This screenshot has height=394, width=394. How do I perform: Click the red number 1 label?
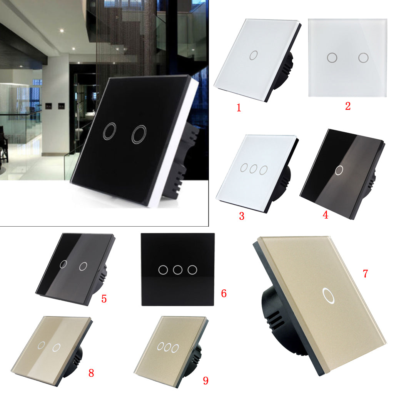pyautogui.click(x=239, y=108)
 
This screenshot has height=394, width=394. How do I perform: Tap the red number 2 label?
pyautogui.click(x=348, y=106)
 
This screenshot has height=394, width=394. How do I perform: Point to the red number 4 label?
pyautogui.click(x=326, y=215)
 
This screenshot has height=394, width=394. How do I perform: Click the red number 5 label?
pyautogui.click(x=104, y=299)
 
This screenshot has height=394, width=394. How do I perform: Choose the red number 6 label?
pyautogui.click(x=224, y=293)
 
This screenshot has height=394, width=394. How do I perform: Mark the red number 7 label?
pyautogui.click(x=366, y=274)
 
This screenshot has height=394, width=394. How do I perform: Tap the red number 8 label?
pyautogui.click(x=91, y=373)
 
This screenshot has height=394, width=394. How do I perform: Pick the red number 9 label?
pyautogui.click(x=206, y=381)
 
